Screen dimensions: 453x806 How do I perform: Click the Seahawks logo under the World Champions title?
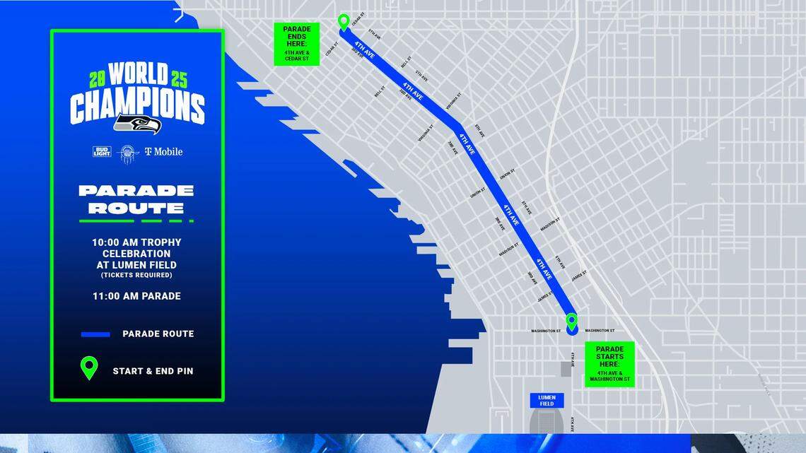(138, 124)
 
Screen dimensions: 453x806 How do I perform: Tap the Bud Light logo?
(101, 151)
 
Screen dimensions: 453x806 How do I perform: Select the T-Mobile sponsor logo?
(163, 151)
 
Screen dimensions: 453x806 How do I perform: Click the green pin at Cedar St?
(344, 22)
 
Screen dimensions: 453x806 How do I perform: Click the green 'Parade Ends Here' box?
(297, 44)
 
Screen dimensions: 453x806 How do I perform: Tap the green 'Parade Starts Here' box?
(609, 364)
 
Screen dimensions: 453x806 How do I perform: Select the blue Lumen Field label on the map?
(547, 401)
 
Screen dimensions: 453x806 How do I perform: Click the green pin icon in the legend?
(89, 368)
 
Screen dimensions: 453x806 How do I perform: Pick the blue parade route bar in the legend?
(95, 334)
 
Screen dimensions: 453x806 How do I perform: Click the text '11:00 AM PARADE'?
(136, 296)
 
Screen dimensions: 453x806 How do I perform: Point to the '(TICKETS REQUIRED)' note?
(136, 275)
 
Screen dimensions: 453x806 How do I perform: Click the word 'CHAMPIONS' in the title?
(137, 107)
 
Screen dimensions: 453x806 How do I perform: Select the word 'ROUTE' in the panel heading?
(136, 208)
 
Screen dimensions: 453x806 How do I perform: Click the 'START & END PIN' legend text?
(153, 371)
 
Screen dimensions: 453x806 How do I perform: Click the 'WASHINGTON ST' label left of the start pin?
(546, 331)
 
